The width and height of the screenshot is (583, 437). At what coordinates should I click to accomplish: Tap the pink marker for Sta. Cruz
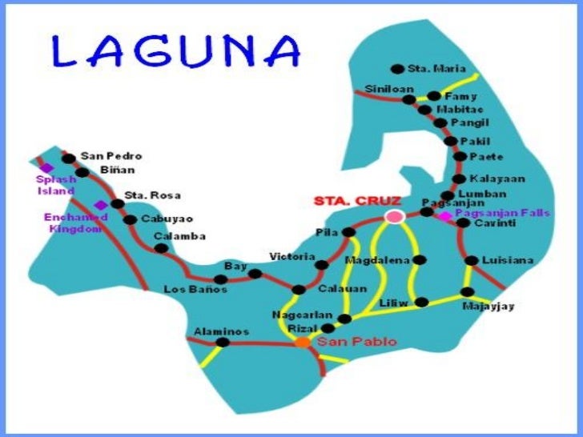393,216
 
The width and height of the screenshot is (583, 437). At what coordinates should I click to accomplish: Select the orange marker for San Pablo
303,342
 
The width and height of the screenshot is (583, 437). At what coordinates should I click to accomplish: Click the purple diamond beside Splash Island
46,167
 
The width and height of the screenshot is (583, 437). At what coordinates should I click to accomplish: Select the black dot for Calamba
161,248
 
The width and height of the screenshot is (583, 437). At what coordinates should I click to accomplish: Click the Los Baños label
195,289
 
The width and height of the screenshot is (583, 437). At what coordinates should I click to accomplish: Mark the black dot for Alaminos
223,343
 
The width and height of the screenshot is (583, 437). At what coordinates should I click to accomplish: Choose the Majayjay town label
488,306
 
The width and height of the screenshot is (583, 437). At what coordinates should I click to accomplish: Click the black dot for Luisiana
472,260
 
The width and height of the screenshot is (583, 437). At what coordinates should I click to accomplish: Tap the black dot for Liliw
423,302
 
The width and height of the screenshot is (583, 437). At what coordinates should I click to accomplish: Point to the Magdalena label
377,261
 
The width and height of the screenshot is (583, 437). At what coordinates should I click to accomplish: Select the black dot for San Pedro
69,158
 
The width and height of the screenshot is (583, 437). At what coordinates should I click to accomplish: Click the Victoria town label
291,256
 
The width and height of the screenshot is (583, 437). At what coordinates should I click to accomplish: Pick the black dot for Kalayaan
458,179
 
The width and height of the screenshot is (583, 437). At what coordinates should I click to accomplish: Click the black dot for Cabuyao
131,219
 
